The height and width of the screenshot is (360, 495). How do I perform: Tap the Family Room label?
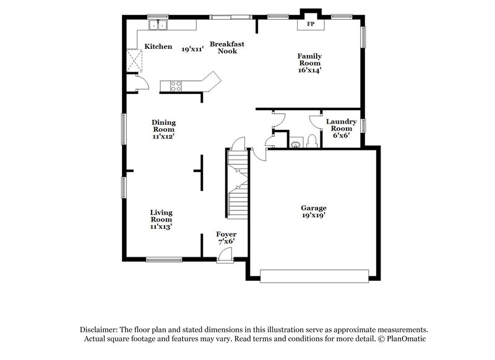(x=310, y=59)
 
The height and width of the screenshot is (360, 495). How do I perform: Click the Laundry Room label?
(x=341, y=126)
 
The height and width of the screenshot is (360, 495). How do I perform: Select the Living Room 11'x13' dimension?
(x=161, y=226)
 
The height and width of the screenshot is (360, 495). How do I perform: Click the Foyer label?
(x=226, y=234)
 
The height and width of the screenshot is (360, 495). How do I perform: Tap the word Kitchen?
(x=158, y=46)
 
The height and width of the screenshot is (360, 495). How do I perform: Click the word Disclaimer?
(x=101, y=330)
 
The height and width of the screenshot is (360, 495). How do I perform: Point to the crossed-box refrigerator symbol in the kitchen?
(x=134, y=60)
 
